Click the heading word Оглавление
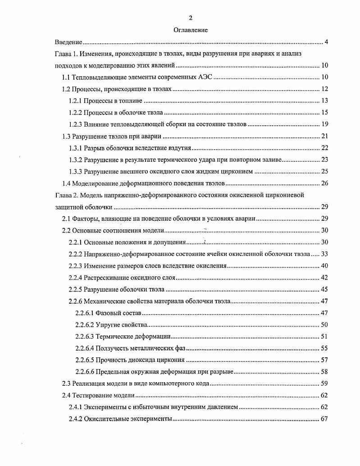tap(191, 30)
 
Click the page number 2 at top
tap(191, 18)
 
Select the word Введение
tap(68, 42)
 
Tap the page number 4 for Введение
tap(326, 42)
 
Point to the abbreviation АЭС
tap(204, 77)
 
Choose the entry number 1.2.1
tap(76, 101)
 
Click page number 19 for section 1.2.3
tap(324, 124)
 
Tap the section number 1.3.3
tap(76, 171)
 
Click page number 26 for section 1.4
tap(324, 183)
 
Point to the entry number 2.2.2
tap(76, 254)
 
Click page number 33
tap(324, 254)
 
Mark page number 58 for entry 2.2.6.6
tap(324, 372)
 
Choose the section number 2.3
tap(66, 384)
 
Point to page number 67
tap(324, 419)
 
